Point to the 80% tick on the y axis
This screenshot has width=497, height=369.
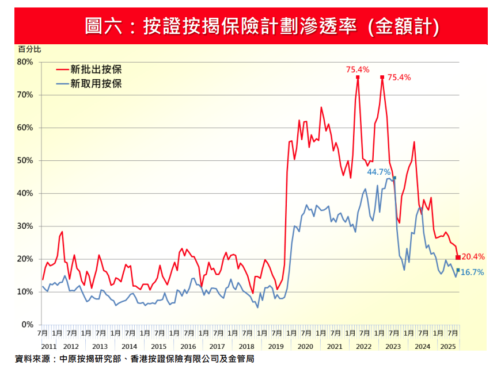coord(26,62)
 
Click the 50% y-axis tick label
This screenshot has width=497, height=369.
coord(26,160)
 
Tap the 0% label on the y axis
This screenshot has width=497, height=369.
coord(28,325)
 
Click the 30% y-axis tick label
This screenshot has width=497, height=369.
coord(26,226)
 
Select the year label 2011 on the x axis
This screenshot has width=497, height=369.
coord(48,347)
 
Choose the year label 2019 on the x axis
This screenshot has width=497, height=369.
coord(276,347)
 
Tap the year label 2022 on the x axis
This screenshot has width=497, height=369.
coord(363,347)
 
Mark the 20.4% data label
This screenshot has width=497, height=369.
coord(473,257)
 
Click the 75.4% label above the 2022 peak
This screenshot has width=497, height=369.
coord(357,69)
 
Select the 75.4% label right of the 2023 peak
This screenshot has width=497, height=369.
coord(399,77)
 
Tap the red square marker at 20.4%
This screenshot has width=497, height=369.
coord(458,257)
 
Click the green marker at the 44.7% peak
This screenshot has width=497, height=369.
coord(394,178)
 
